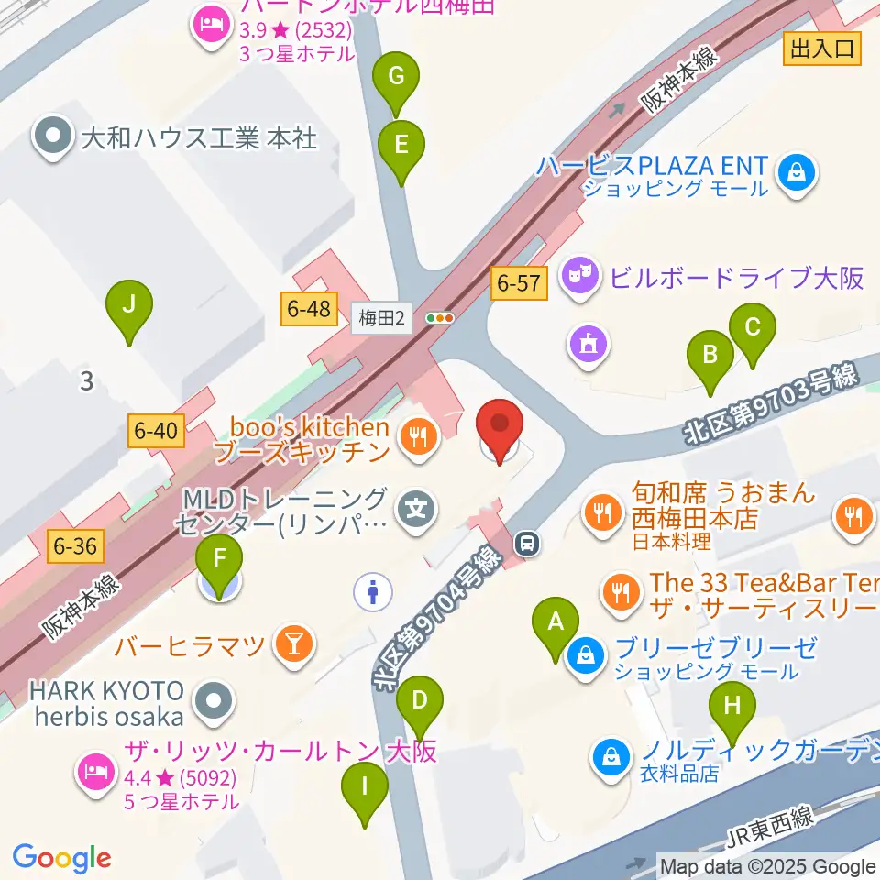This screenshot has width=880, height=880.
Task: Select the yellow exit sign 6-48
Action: tap(308, 309)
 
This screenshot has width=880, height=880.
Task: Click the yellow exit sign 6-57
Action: tap(520, 284)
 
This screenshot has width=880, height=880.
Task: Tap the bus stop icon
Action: tap(527, 544)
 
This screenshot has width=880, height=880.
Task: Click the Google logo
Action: tap(61, 857)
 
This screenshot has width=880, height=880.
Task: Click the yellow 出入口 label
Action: tap(822, 49)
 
